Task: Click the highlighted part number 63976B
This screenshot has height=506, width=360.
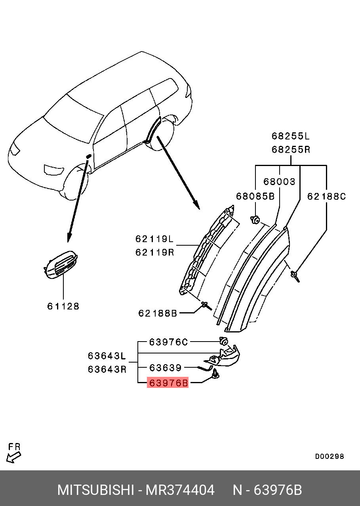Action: coord(168,383)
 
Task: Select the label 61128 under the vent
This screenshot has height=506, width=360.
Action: coord(63,306)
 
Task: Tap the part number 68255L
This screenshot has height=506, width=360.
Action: coord(291,136)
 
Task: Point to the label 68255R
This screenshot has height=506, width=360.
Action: coord(291,150)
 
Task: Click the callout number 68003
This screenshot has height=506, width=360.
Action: coord(280,182)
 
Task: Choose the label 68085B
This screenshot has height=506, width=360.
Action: coord(255,196)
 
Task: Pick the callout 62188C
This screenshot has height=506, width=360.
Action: coord(327,196)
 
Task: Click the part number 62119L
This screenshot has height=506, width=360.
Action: coord(154,239)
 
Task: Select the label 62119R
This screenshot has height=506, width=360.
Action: coord(154,252)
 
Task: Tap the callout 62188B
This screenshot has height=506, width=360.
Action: coord(158,313)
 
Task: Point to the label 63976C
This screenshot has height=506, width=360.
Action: coord(168,342)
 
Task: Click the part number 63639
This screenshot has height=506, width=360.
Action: coord(165,368)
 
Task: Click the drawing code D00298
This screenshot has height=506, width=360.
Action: coord(330,456)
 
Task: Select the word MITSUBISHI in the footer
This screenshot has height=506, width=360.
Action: coord(95,490)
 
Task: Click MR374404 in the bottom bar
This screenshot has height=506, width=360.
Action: coord(180,490)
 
